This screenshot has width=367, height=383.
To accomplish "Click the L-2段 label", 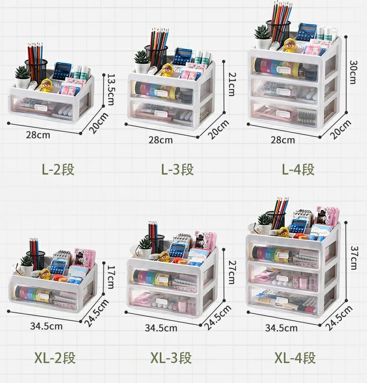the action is pyautogui.click(x=58, y=169).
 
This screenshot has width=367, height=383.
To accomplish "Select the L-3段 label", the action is pyautogui.click(x=177, y=169).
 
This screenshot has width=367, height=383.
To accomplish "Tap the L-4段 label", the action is pyautogui.click(x=298, y=169).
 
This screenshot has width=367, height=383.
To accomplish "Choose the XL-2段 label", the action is pyautogui.click(x=55, y=358).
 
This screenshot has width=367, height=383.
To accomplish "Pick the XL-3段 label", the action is pyautogui.click(x=171, y=358).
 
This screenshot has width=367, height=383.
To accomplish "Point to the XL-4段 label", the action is pyautogui.click(x=295, y=358).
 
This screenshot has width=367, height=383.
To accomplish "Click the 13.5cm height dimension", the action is pyautogui.click(x=111, y=90).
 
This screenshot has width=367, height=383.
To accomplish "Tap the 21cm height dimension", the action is pyautogui.click(x=231, y=84).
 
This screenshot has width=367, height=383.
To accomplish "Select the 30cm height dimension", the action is pyautogui.click(x=354, y=72).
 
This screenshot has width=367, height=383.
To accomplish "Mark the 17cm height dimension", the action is pyautogui.click(x=111, y=277).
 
